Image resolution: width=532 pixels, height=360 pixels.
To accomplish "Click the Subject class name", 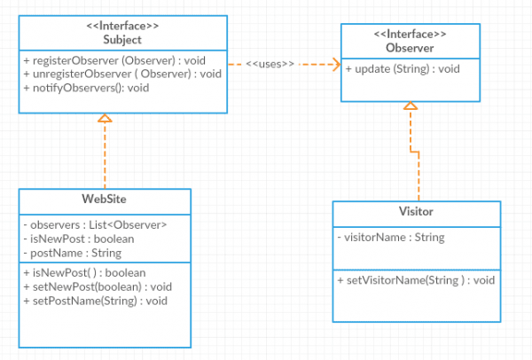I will click(122, 40).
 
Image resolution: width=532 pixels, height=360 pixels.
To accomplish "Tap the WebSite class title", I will click(104, 198).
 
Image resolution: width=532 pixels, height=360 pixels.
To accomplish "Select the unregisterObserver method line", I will click(121, 74).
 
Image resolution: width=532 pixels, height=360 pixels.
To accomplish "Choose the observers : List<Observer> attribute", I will click(93, 224).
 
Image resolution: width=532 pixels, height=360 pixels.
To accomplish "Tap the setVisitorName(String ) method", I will click(415, 279).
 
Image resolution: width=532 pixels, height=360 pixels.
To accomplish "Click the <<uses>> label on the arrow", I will click(270, 64).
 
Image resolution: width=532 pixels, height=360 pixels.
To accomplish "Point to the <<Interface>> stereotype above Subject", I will click(122, 27).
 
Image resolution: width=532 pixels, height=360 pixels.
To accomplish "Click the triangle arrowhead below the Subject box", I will click(105, 118).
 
